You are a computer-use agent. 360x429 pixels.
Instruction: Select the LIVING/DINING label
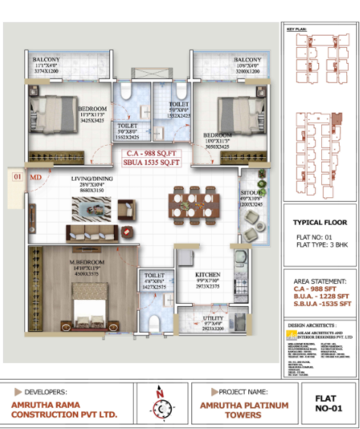point(92,179)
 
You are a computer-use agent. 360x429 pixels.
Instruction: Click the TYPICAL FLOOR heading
point(319,223)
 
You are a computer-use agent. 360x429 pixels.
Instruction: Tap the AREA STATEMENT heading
point(319,280)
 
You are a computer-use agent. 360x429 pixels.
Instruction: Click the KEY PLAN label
point(296,30)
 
